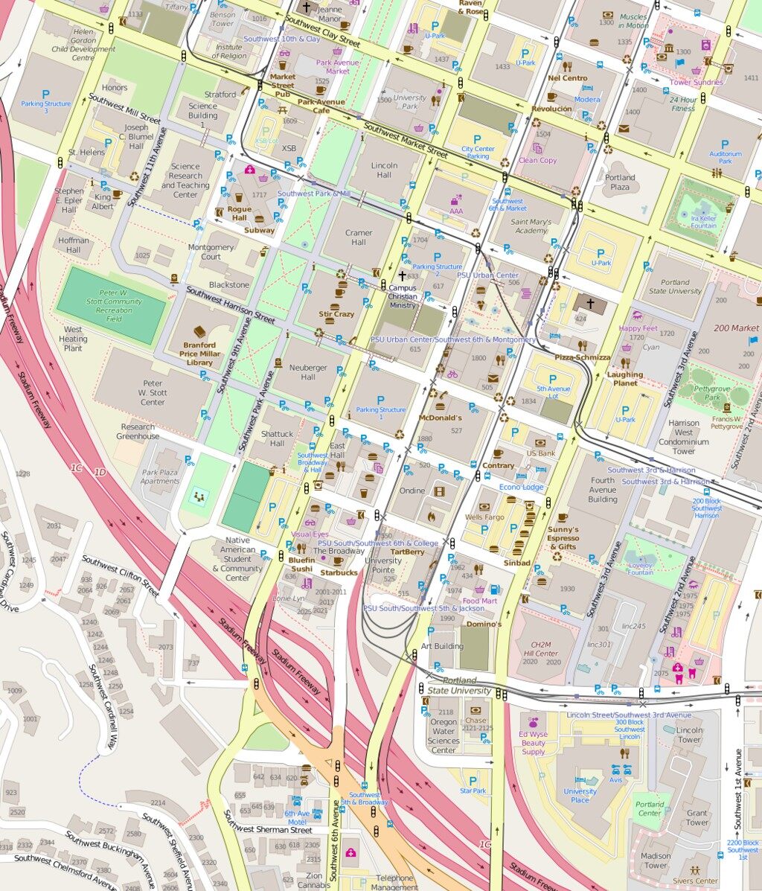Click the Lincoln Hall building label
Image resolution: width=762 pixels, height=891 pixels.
pos(384,170)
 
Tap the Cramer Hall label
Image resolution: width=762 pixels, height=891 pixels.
pos(359,237)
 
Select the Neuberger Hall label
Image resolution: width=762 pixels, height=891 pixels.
pos(308,372)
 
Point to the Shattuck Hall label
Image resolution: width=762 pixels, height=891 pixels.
pos(278,438)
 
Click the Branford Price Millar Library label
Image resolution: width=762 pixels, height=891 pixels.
pos(199,353)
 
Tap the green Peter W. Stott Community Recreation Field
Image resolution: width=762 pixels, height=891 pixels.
pos(111,306)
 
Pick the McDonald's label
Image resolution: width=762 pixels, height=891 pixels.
pos(440,418)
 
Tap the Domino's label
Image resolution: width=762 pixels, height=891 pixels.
pos(484,625)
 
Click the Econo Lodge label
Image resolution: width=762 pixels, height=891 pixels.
pos(521,487)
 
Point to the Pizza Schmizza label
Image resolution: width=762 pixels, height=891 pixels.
pos(582,357)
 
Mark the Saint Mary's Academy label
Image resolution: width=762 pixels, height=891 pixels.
pos(531,226)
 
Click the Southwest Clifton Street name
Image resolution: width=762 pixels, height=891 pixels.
pos(120,576)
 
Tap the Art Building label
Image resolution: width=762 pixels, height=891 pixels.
pos(442,646)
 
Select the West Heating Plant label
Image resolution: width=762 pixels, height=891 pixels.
pos(73,339)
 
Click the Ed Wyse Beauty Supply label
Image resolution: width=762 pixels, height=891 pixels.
pos(533,743)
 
